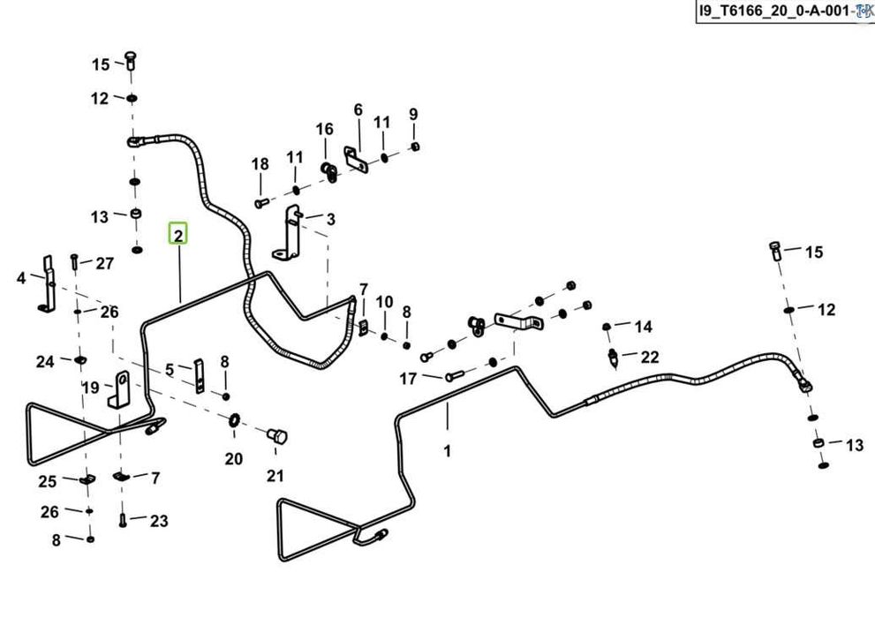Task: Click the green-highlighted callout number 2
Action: (178, 235)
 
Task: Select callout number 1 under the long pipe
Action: (447, 450)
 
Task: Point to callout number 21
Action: (275, 476)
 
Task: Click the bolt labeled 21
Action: (277, 435)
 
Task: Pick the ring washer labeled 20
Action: (234, 418)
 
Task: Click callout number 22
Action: (650, 357)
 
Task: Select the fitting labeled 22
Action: (614, 358)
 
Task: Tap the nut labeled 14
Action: (607, 327)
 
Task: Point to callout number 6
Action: (358, 109)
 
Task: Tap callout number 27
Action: (104, 263)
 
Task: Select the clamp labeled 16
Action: (328, 172)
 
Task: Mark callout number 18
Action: (260, 164)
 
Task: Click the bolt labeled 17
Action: (455, 376)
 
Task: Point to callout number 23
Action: (159, 521)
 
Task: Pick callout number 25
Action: (48, 481)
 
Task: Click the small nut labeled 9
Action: (415, 147)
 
